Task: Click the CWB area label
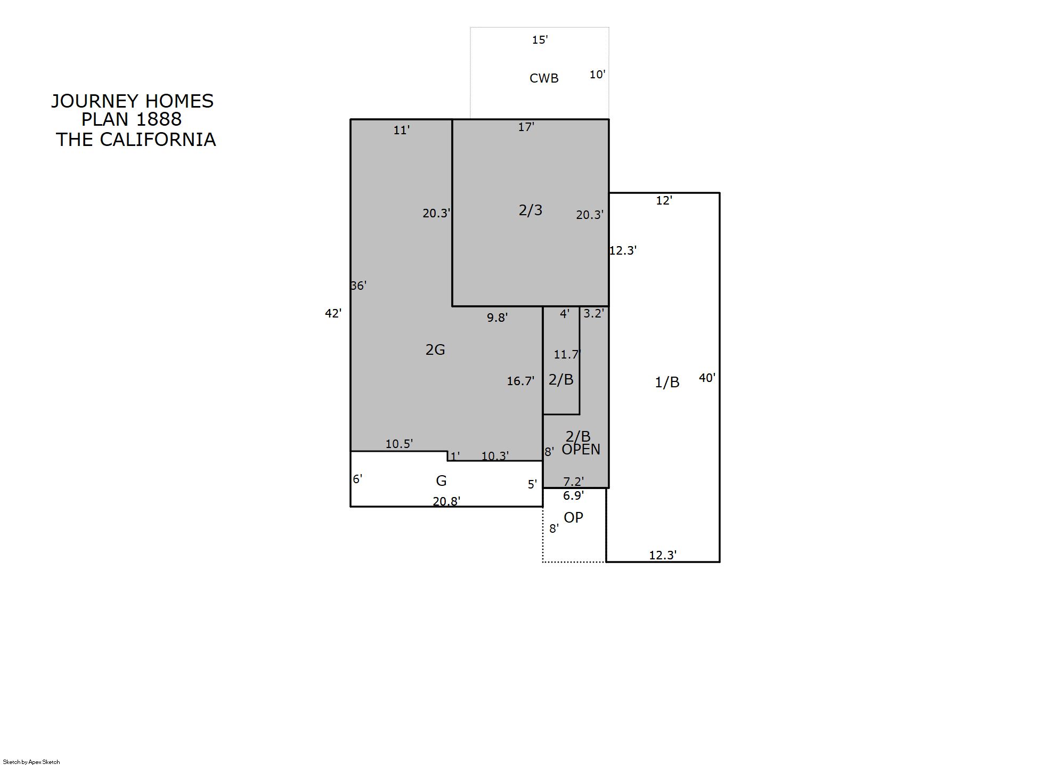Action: pyautogui.click(x=544, y=78)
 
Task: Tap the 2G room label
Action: pyautogui.click(x=435, y=349)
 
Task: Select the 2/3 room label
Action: pyautogui.click(x=531, y=210)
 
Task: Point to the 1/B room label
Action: pyautogui.click(x=667, y=382)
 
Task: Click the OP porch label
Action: pyautogui.click(x=573, y=517)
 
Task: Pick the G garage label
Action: pyautogui.click(x=441, y=481)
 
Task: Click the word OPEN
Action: pyautogui.click(x=581, y=450)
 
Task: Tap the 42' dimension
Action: pyautogui.click(x=333, y=313)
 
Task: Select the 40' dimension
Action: pyautogui.click(x=707, y=378)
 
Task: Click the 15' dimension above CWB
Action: pyautogui.click(x=540, y=39)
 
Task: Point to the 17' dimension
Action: pyautogui.click(x=526, y=127)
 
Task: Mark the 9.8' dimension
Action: pyautogui.click(x=497, y=318)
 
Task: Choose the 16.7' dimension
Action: pyautogui.click(x=520, y=381)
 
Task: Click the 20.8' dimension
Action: pyautogui.click(x=446, y=501)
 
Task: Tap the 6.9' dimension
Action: pyautogui.click(x=573, y=495)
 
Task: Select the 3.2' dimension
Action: pyautogui.click(x=593, y=313)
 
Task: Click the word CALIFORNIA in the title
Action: pyautogui.click(x=158, y=140)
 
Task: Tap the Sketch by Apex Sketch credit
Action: pyautogui.click(x=31, y=762)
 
